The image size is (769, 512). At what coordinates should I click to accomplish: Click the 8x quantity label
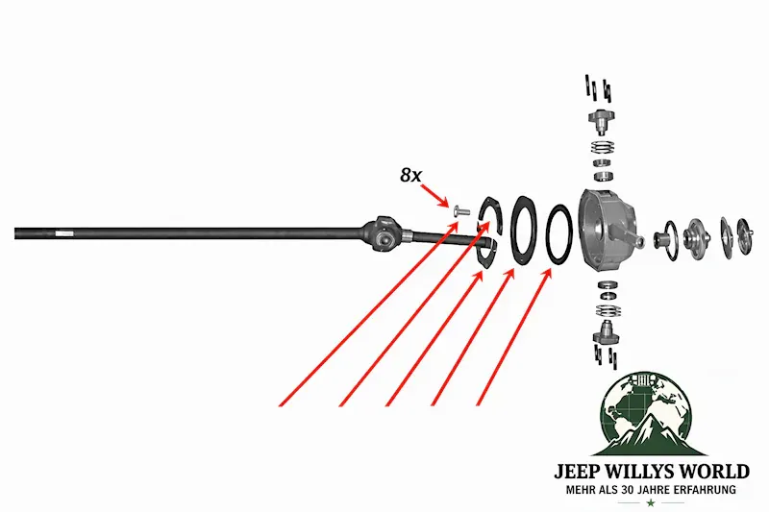[410, 175]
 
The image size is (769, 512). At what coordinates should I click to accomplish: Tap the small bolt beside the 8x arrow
[461, 210]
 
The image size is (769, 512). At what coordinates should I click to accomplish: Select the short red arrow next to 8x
[434, 195]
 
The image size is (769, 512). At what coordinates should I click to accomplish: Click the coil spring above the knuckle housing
[603, 148]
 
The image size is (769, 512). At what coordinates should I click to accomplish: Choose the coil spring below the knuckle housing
[608, 310]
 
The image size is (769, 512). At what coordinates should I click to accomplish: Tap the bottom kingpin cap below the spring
[607, 333]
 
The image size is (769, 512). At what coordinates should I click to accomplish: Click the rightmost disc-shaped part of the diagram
[744, 237]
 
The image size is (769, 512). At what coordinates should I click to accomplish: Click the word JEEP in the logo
[580, 472]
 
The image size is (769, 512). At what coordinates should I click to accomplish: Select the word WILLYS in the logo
[644, 472]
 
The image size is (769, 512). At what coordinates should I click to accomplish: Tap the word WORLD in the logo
[716, 472]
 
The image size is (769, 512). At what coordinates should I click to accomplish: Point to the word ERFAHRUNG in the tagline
[706, 490]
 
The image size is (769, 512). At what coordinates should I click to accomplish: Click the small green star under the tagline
[651, 503]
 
